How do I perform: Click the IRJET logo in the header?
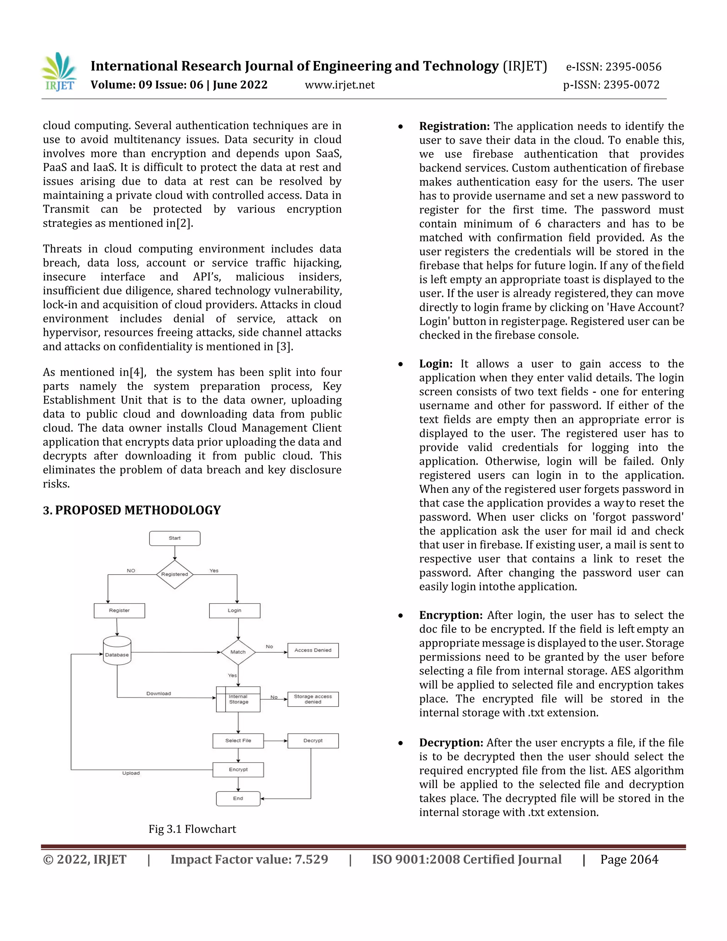[59, 72]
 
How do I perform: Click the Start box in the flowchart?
[174, 538]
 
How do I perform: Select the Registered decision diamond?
[174, 574]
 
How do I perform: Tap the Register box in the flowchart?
[119, 610]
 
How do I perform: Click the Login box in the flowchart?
[235, 610]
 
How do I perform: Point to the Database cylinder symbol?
[117, 651]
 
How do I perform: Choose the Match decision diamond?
[238, 652]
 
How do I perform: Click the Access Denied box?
[313, 650]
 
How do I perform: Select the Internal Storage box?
[238, 699]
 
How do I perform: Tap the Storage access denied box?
[313, 699]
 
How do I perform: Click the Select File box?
[238, 741]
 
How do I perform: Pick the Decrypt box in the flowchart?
[313, 741]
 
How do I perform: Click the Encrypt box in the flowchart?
[238, 769]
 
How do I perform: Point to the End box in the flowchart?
[238, 798]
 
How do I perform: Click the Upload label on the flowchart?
[131, 773]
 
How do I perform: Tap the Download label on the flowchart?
[158, 693]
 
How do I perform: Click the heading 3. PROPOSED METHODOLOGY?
[132, 510]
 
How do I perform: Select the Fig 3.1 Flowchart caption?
[192, 829]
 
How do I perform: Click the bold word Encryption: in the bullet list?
[451, 615]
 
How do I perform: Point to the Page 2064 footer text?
[629, 860]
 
